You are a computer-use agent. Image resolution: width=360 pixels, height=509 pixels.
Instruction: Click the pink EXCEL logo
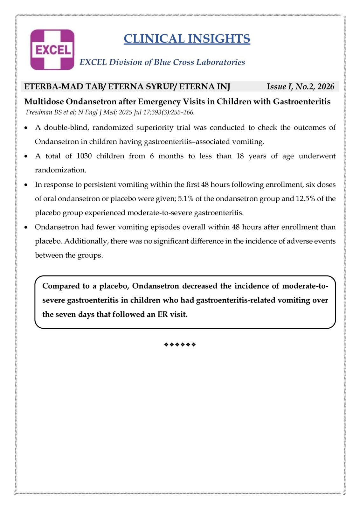[x=52, y=50]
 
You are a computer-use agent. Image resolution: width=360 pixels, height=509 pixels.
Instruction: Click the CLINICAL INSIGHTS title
[x=187, y=38]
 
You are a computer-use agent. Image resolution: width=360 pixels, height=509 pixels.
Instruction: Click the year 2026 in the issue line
[x=326, y=87]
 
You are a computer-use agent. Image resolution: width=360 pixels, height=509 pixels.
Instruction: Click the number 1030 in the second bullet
[x=84, y=156]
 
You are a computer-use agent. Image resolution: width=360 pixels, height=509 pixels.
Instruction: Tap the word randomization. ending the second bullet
[x=60, y=170]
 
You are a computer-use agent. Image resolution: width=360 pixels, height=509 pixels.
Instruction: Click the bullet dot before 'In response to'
[x=26, y=185]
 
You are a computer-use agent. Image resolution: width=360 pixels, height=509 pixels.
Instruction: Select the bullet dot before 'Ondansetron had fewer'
[x=26, y=227]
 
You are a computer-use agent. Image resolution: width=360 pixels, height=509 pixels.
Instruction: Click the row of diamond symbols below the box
[x=180, y=345]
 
